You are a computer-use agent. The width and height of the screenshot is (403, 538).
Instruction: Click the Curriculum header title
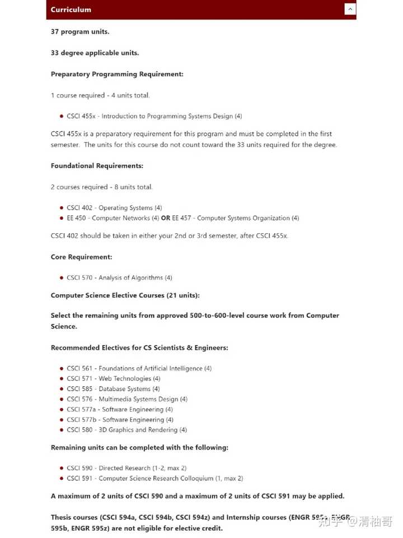point(71,10)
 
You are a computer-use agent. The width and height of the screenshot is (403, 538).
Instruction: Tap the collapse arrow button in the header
point(350,9)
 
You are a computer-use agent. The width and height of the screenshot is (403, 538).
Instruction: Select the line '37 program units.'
point(80,31)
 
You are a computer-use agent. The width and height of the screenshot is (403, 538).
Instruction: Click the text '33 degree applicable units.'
point(95,53)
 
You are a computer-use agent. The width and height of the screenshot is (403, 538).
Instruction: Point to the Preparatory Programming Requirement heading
point(117,74)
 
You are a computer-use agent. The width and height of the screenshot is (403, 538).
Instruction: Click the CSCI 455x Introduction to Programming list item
point(154,116)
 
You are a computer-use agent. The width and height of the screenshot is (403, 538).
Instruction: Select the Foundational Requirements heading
point(97,166)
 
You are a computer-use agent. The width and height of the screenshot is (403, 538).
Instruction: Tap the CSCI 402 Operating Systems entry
point(114,208)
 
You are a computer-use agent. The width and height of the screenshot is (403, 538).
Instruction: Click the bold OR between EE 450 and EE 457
point(165,218)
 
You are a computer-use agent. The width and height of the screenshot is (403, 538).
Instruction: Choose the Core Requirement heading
point(82,257)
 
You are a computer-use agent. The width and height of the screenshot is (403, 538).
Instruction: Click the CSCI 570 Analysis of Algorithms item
point(119,277)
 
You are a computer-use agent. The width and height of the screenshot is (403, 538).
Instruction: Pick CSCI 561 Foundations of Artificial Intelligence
point(139,368)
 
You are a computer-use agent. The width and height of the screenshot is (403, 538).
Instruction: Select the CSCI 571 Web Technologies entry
point(113,378)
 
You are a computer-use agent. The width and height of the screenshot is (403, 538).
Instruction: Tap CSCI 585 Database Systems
point(113,389)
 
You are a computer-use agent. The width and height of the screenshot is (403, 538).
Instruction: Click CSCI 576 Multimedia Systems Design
point(127,399)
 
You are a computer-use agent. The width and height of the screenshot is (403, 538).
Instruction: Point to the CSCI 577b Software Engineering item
point(120,420)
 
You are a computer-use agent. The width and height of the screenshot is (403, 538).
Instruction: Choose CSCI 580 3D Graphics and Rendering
point(126,430)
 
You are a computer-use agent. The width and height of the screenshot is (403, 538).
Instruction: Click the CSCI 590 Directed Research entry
point(126,468)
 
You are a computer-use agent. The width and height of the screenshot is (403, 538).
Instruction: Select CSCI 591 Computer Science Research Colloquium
point(154,479)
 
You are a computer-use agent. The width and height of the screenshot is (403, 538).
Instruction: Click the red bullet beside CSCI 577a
point(61,410)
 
